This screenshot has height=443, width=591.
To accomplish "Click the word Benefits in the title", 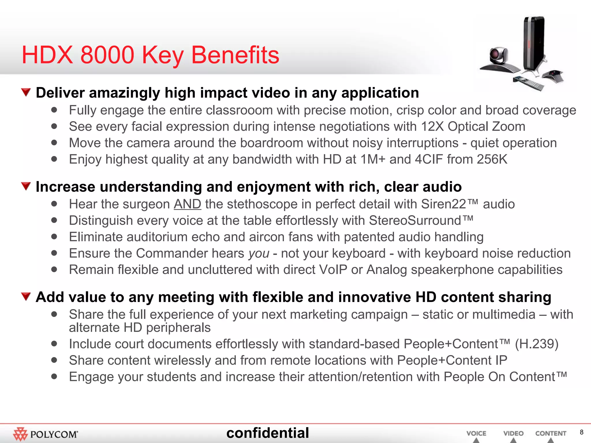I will pos(235,55).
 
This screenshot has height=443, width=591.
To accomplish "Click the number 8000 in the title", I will pos(107,55).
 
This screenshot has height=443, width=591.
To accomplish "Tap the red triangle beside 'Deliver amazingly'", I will pos(26,92).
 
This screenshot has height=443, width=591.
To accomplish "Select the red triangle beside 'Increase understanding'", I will pos(26,186).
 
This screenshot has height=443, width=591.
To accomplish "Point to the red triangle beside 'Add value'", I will pos(26,296).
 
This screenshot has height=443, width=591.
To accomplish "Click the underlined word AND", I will pos(187,204).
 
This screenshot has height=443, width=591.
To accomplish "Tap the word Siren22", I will pos(444,204).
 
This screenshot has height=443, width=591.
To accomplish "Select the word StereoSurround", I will pos(415,221).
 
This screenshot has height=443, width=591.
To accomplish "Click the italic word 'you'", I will pos(259,254).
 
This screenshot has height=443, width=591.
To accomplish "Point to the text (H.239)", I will pos(537,344).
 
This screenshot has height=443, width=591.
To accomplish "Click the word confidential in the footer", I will pos(268,433).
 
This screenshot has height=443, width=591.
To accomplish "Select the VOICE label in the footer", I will pos(476,433).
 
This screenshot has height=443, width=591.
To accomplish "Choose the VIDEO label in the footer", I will pos(513,433).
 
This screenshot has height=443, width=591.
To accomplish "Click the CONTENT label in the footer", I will pos(551,433).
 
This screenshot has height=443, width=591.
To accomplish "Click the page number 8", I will pos(581,432).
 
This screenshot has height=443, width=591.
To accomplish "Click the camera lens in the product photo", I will pos(497,54).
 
